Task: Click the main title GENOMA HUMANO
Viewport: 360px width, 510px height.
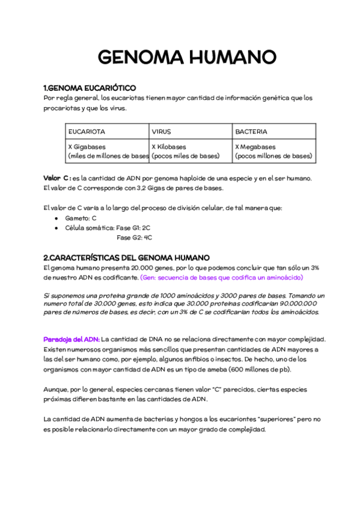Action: point(187,58)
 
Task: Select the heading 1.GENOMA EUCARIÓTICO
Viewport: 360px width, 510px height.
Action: point(90,88)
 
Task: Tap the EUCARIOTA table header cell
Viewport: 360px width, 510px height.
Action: point(87,131)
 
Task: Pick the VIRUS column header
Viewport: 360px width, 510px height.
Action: point(162,131)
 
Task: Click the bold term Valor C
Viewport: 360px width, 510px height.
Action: point(57,179)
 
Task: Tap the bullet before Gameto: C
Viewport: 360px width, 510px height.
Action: point(56,218)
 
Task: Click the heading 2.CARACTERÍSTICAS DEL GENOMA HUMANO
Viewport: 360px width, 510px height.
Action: point(126,257)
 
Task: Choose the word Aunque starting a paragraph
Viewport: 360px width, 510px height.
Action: point(58,389)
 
